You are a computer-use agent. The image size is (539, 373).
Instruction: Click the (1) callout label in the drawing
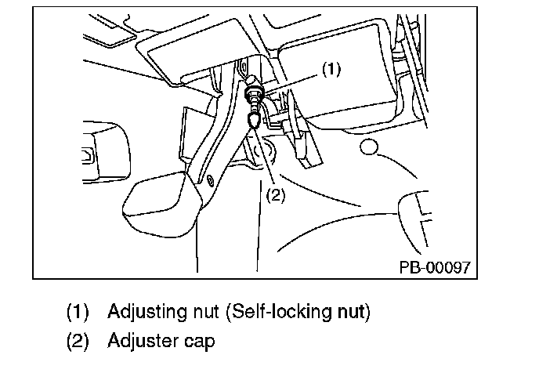(x=331, y=70)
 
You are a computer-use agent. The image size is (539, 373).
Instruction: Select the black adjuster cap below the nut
(x=255, y=120)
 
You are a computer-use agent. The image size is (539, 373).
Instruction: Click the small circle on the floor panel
(x=369, y=147)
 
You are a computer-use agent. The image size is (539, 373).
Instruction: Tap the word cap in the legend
(x=200, y=342)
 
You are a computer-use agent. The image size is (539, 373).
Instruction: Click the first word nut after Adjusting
(x=200, y=312)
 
